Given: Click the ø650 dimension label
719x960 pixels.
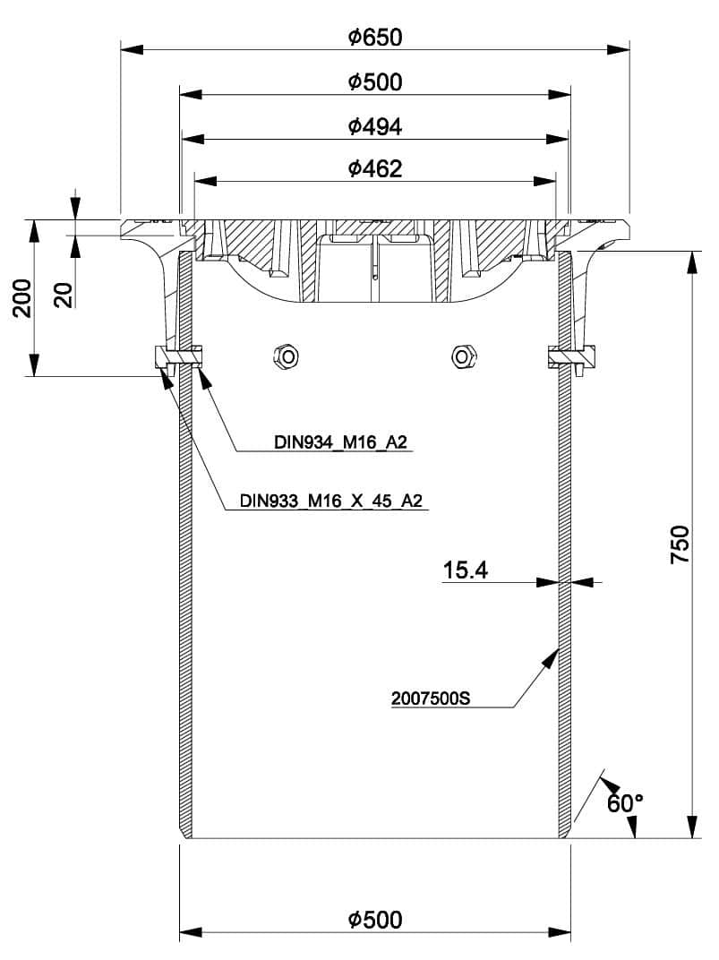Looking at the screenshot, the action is click(x=375, y=38).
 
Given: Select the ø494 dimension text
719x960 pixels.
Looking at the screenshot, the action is click(x=375, y=127).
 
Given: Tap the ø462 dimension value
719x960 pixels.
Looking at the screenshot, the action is click(x=375, y=168).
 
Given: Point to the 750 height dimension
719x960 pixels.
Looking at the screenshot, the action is click(x=680, y=544).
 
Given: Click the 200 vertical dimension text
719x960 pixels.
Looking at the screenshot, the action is click(x=22, y=297).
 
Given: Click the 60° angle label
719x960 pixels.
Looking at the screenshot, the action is click(x=625, y=802).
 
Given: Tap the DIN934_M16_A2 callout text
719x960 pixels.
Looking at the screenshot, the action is click(x=340, y=442).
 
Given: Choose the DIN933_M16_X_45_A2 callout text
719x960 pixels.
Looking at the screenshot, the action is click(x=331, y=501).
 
